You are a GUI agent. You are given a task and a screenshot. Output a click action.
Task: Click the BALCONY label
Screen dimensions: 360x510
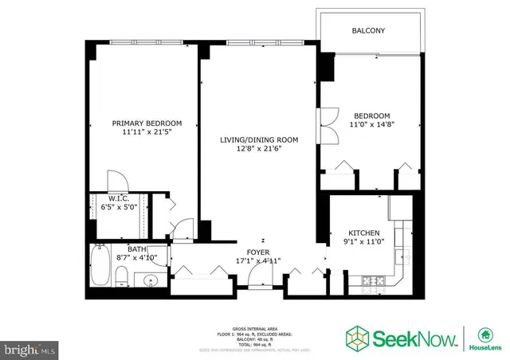(x=368, y=31)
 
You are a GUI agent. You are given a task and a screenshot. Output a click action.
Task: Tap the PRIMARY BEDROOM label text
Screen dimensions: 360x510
(x=147, y=123)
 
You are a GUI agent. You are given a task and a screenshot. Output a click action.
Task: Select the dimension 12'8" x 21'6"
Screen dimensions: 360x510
(x=259, y=149)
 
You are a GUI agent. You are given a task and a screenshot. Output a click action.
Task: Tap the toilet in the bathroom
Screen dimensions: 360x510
(x=120, y=276)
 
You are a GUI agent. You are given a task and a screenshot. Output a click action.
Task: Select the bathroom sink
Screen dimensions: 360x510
(x=149, y=280)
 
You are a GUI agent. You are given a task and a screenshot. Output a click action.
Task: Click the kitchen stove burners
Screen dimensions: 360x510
(x=372, y=280)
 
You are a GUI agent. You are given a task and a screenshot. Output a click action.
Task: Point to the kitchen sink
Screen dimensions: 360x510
(x=400, y=256)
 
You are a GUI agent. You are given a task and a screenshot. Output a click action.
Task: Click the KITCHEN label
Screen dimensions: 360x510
(x=356, y=233)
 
